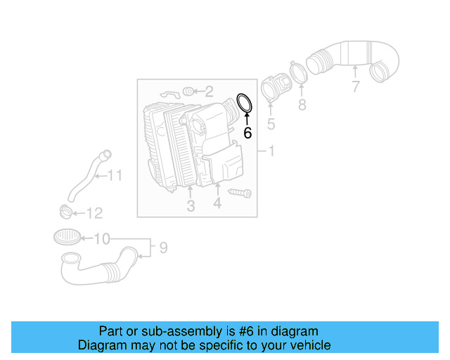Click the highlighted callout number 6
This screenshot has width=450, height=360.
(x=247, y=131)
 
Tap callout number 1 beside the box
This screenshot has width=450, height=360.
(x=271, y=151)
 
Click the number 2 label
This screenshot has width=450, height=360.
(x=209, y=91)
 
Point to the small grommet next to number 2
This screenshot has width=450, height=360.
(x=188, y=91)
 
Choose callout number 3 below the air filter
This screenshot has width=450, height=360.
(x=190, y=206)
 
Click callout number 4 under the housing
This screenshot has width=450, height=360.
(x=217, y=203)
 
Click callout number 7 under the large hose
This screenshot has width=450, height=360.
(x=356, y=87)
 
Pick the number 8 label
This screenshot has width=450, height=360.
(x=302, y=105)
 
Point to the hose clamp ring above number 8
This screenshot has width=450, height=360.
(x=297, y=72)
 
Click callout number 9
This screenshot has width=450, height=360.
(x=162, y=247)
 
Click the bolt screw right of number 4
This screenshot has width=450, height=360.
(x=240, y=192)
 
